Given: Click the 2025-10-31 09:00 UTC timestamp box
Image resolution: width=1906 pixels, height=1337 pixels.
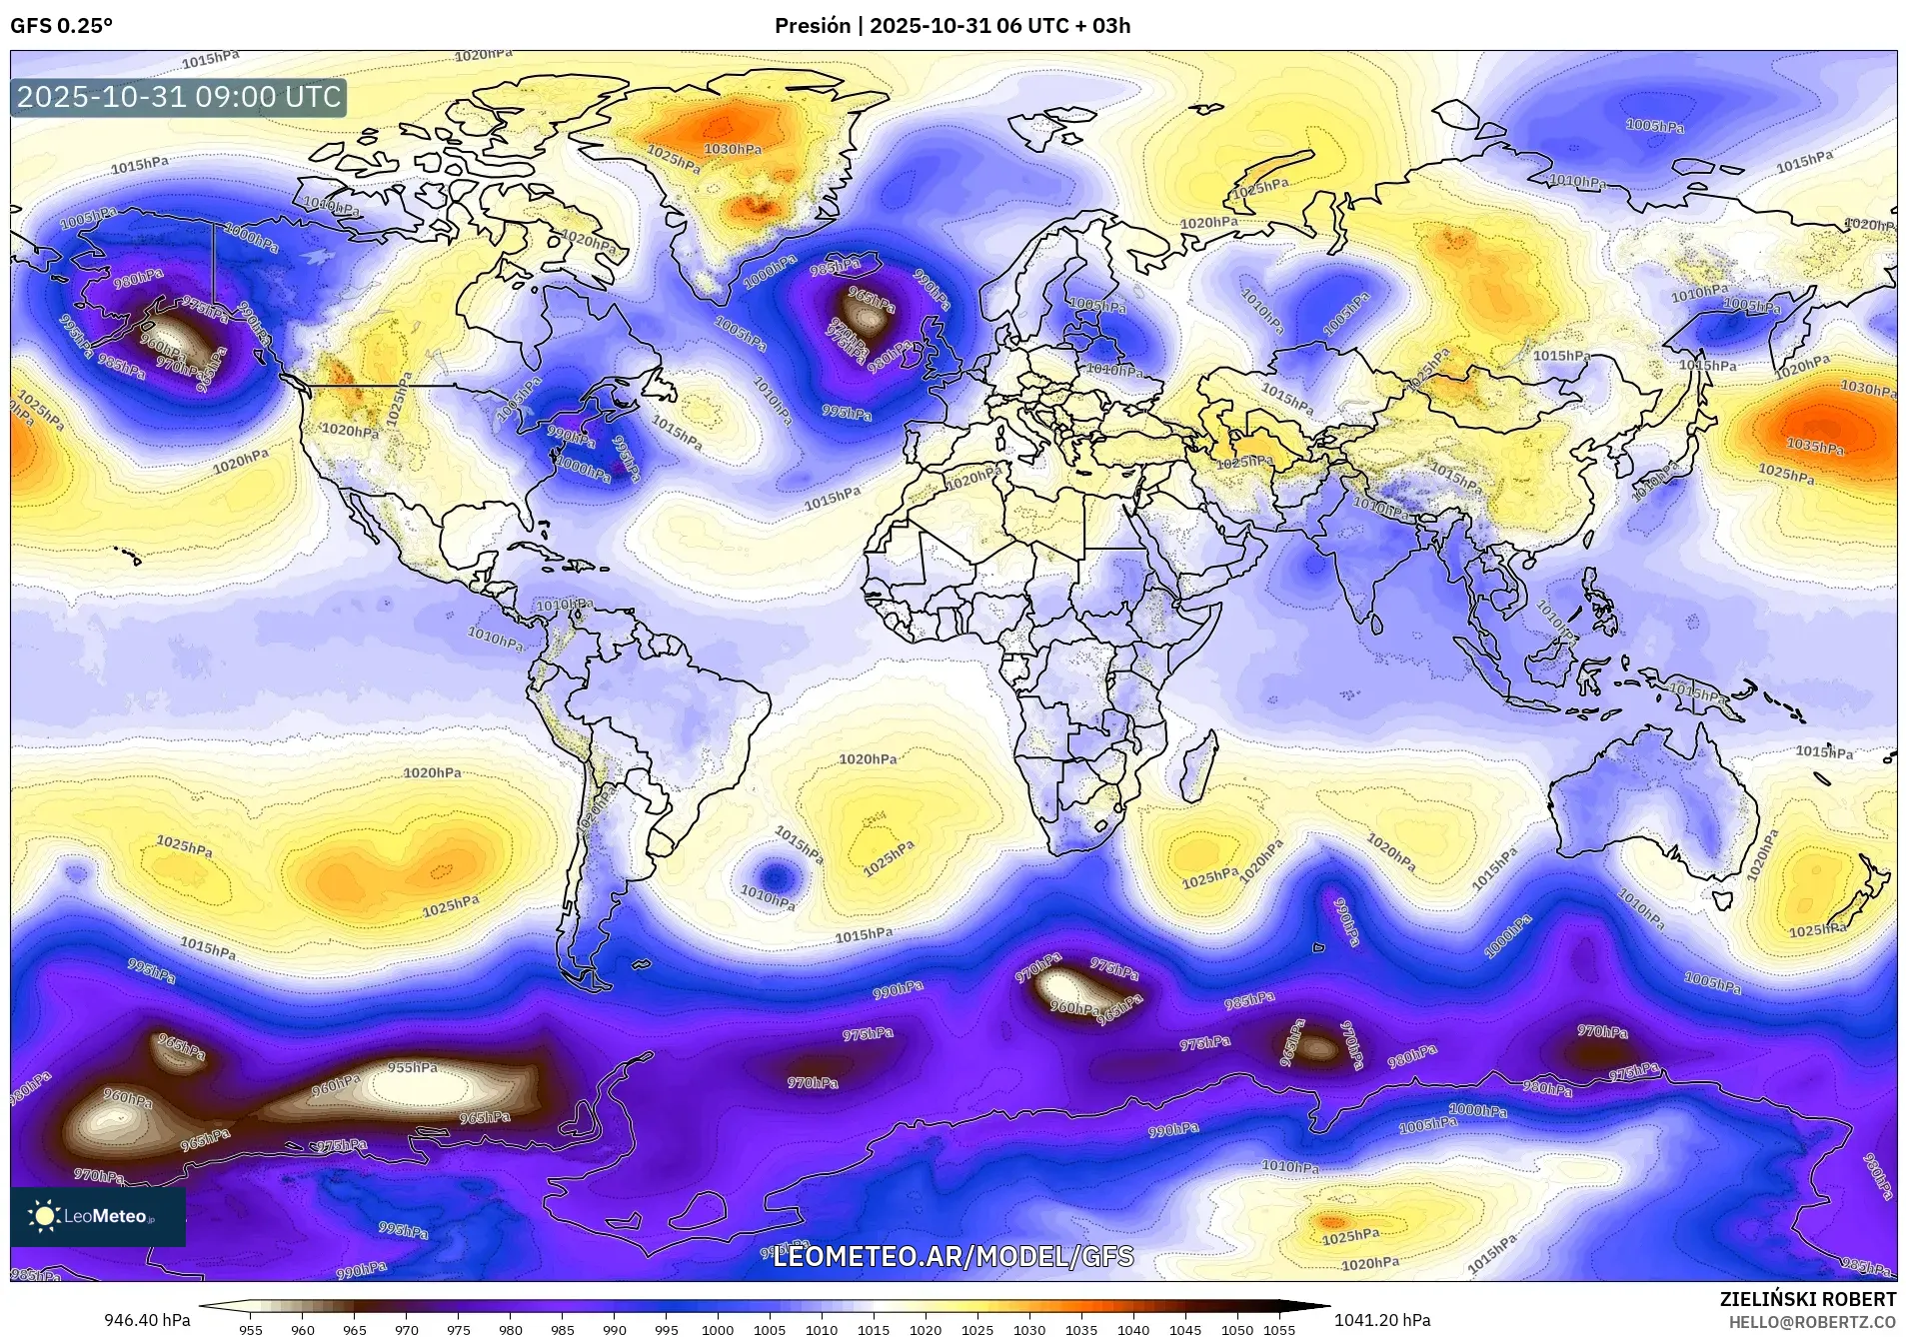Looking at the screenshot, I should [179, 97].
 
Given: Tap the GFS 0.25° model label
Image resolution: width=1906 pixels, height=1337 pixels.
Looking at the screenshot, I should [61, 26].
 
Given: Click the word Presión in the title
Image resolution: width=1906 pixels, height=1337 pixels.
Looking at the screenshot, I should [813, 26].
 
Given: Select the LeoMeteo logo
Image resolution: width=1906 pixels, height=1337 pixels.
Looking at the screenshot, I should [97, 1216].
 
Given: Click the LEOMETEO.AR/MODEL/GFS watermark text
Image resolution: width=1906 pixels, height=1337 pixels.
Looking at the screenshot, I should [953, 1256].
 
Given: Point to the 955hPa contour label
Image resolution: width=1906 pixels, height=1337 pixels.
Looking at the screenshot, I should [413, 1067].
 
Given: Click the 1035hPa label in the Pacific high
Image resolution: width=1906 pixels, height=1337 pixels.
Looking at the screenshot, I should [1815, 447].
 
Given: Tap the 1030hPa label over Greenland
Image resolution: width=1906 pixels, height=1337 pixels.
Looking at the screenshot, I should [734, 150].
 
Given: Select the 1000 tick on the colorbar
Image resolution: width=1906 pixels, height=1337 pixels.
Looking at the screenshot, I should [717, 1329].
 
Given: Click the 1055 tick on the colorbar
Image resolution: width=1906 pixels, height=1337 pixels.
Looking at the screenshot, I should [1278, 1329].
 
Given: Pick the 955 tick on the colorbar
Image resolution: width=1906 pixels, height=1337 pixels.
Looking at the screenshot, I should [250, 1329].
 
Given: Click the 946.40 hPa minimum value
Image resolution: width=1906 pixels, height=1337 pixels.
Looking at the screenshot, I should [147, 1320].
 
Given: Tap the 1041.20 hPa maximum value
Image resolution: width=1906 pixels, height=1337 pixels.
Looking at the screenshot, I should [1382, 1320].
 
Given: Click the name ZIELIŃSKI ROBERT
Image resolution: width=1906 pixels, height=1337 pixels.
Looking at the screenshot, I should [1807, 1300].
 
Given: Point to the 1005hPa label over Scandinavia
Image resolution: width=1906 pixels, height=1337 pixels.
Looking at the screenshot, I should [1096, 305].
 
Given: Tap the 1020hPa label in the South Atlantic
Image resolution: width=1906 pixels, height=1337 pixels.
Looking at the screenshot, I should [868, 759].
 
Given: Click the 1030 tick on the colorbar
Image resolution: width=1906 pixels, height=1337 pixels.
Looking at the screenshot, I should [1028, 1329].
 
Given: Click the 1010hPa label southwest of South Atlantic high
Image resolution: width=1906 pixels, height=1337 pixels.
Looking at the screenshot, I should [768, 898].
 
